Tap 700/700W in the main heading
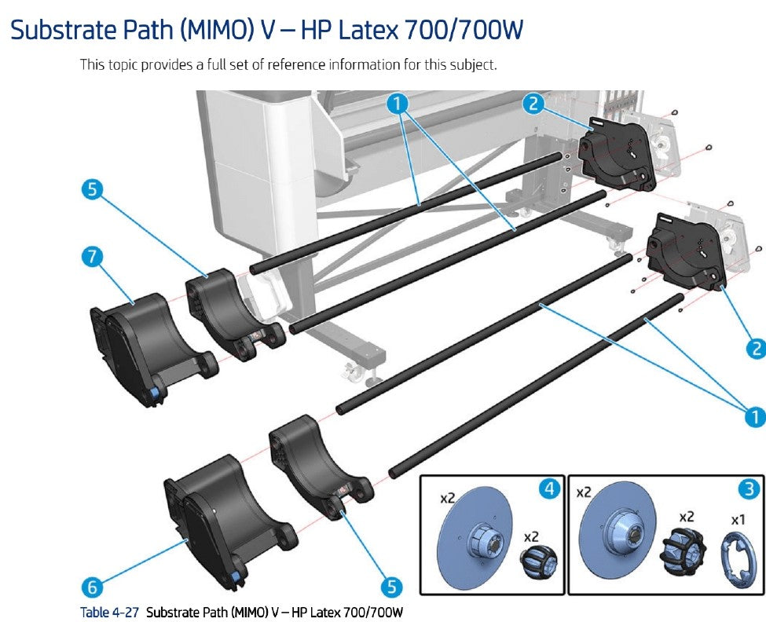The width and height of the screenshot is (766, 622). pos(455,31)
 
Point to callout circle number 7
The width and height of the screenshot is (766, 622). pos(92,256)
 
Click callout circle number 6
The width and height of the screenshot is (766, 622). pos(92,586)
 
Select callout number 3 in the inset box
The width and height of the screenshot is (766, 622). pos(749,489)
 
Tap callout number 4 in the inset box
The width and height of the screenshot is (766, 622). pos(549,489)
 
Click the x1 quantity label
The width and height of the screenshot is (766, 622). pos(738,520)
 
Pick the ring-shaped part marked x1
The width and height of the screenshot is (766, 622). pos(736,558)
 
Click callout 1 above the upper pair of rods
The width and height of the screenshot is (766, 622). pos(399,102)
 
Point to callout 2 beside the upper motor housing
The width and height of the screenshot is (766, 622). pos(533,103)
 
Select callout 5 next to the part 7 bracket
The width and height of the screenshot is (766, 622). pos(92,189)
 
